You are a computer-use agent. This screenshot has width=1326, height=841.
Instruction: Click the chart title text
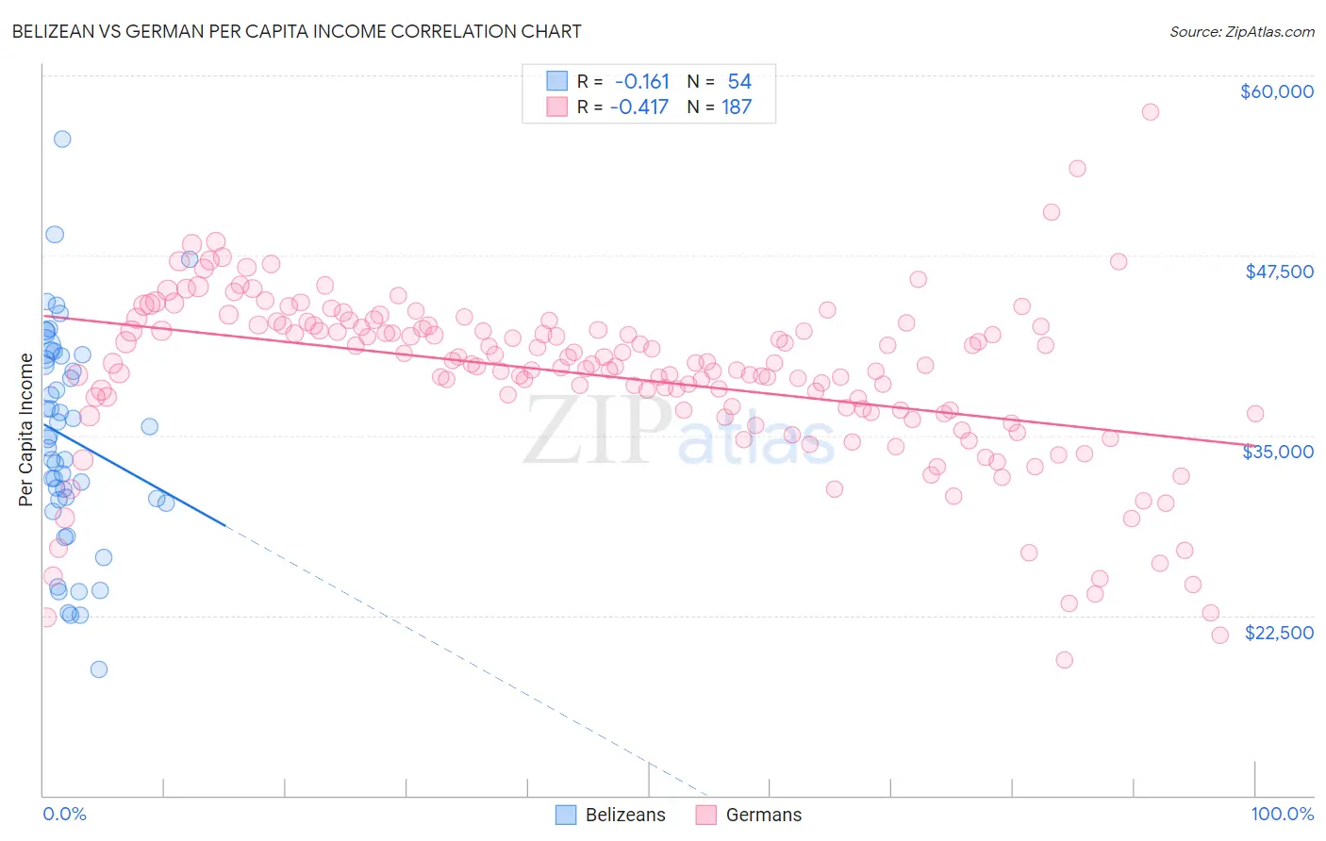(296, 31)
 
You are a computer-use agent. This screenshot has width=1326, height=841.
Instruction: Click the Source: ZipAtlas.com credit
(1241, 31)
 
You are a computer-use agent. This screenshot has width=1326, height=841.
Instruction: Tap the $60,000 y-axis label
(1276, 91)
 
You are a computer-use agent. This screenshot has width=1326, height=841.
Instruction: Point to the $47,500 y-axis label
(1279, 272)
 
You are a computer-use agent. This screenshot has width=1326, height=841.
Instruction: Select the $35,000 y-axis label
(1278, 452)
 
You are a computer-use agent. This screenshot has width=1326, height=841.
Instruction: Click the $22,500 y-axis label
(1279, 633)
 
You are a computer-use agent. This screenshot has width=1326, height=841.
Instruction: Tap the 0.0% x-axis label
(64, 814)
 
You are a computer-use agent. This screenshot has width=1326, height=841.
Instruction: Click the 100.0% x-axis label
(1282, 814)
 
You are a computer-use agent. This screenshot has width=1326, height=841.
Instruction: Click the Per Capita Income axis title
(26, 429)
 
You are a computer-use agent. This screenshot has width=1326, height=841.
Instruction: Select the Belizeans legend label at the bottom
(625, 815)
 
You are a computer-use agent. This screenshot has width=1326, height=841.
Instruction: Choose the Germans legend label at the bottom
(764, 815)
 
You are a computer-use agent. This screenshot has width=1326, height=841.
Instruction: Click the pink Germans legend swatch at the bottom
(706, 815)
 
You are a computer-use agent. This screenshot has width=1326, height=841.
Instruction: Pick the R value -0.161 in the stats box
(642, 82)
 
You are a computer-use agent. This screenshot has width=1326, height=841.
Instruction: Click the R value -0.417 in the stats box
(639, 107)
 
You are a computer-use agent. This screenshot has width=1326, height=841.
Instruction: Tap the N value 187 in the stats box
(737, 107)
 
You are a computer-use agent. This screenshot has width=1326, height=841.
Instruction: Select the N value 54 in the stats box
(739, 82)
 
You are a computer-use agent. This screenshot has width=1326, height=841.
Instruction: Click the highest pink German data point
(1150, 112)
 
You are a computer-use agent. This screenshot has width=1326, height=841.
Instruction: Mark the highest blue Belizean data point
(62, 139)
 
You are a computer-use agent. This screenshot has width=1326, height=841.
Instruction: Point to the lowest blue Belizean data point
(99, 669)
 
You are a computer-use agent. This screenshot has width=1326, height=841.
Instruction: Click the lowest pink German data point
(1065, 660)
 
